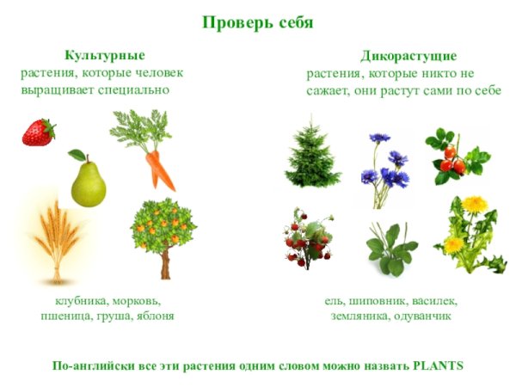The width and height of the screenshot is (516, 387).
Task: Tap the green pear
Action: (87, 181)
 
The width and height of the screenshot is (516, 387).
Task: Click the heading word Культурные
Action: (104, 55)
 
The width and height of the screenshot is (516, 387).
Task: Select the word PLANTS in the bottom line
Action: (438, 365)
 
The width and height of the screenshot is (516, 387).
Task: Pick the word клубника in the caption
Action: (78, 301)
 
